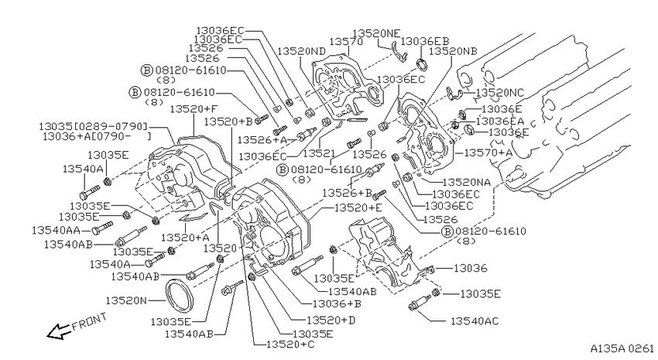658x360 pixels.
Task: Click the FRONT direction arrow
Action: click(x=58, y=331)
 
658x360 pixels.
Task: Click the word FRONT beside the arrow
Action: click(x=89, y=321)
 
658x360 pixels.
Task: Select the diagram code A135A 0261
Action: click(x=622, y=348)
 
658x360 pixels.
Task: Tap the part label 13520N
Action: click(x=126, y=300)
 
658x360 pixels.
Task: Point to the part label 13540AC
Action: click(x=475, y=321)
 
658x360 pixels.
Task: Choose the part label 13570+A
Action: click(x=488, y=153)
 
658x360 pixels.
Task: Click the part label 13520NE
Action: click(x=376, y=33)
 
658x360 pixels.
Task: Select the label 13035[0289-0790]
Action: click(x=94, y=126)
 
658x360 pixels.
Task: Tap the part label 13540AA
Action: click(x=57, y=231)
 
